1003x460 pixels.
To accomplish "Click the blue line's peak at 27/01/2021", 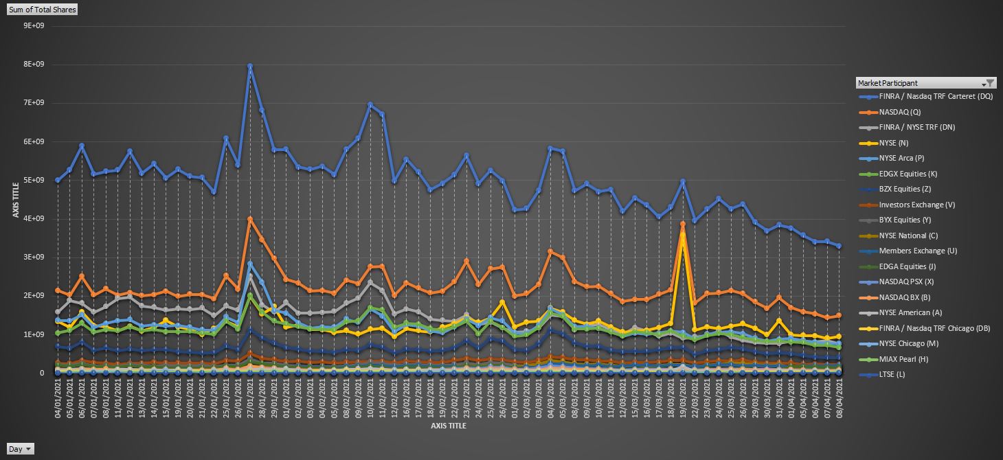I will pyautogui.click(x=250, y=67).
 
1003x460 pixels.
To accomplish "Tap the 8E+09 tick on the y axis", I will pyautogui.click(x=34, y=65).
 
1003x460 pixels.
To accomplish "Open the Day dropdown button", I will pyautogui.click(x=21, y=449).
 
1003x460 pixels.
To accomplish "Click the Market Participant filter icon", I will pyautogui.click(x=989, y=83).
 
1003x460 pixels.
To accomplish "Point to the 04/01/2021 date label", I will pyautogui.click(x=57, y=398).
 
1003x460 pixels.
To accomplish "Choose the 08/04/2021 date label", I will pyautogui.click(x=839, y=398).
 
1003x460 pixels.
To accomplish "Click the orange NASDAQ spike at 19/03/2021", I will pyautogui.click(x=683, y=224).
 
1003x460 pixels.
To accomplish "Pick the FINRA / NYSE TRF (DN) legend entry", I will pyautogui.click(x=916, y=127).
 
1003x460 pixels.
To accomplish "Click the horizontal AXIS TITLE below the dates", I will pyautogui.click(x=448, y=426).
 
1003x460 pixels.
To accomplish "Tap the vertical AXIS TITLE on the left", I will pyautogui.click(x=15, y=199).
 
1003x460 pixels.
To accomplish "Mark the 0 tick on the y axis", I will pyautogui.click(x=42, y=373).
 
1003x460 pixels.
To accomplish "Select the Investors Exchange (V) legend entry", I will pyautogui.click(x=916, y=205).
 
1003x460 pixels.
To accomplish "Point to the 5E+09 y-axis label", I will pyautogui.click(x=34, y=181).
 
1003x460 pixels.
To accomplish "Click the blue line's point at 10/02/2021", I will pyautogui.click(x=370, y=105).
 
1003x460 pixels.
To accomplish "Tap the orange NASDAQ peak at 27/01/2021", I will pyautogui.click(x=250, y=219).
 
